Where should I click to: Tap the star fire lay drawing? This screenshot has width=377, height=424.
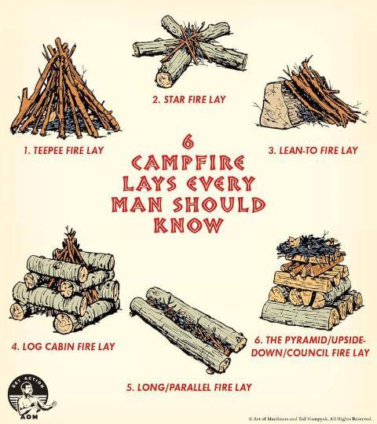point(189,51)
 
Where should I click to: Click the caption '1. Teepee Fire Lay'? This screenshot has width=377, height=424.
point(64,150)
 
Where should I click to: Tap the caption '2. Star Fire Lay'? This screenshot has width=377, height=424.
point(188,100)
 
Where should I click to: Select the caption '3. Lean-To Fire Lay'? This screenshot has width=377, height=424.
point(313,150)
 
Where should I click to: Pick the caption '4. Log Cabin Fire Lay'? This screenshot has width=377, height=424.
point(63,346)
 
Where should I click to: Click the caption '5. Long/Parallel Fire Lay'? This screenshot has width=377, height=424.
point(189,387)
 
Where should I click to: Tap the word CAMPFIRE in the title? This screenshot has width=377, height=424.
point(188,163)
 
